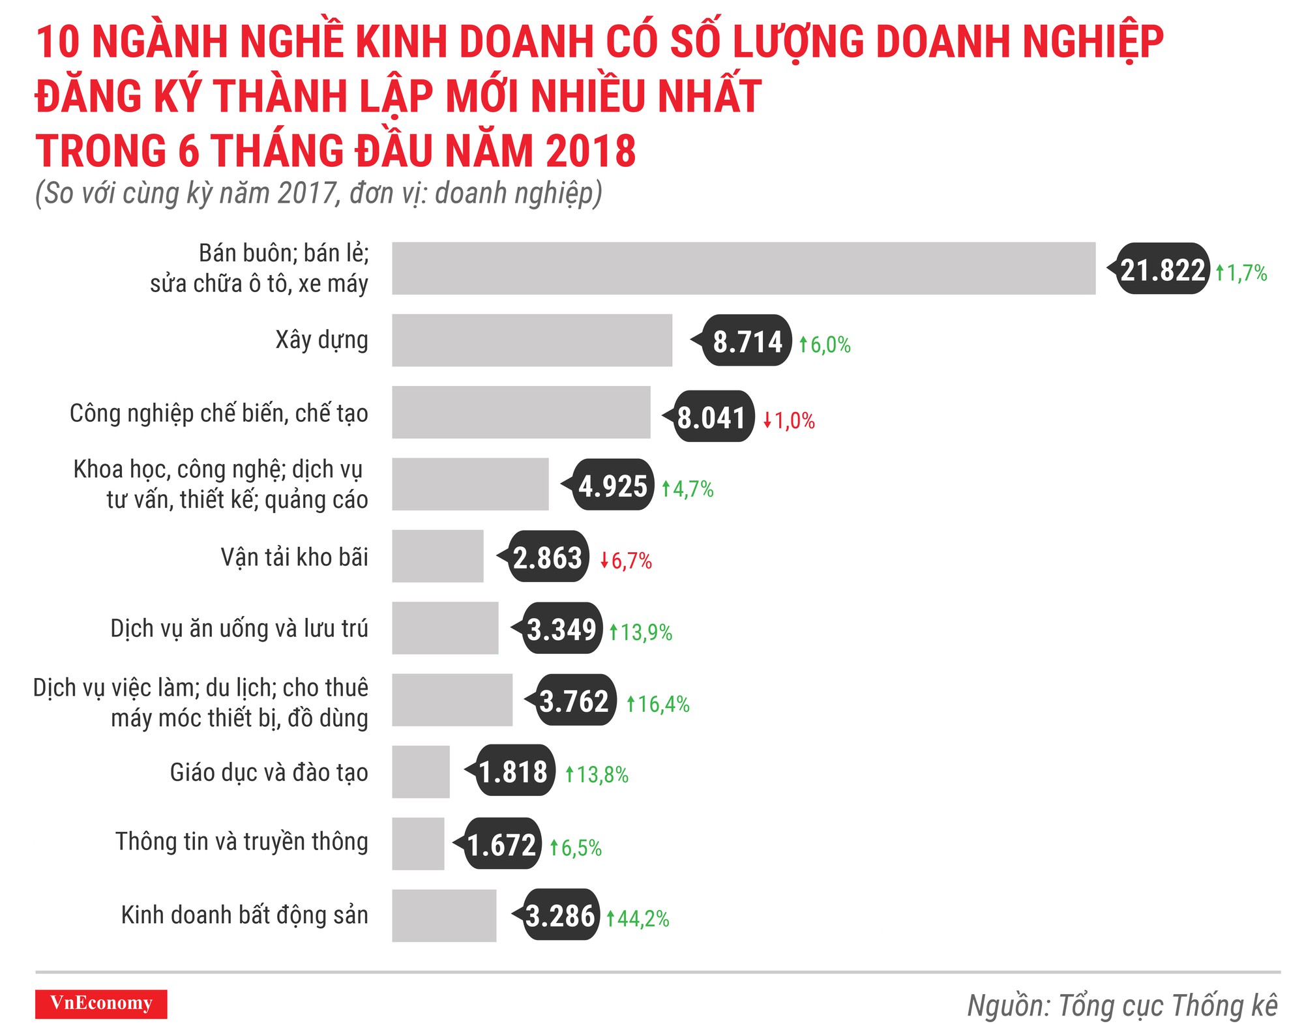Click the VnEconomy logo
[x=101, y=1003]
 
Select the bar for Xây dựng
[x=531, y=340]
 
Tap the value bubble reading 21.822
[x=1163, y=269]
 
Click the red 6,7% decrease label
[x=626, y=561]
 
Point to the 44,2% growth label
[x=638, y=919]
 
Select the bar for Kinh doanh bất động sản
[x=443, y=915]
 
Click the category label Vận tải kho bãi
[x=294, y=557]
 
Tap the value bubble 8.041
[x=711, y=417]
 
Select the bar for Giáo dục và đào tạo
[x=421, y=772]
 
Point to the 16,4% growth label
[x=659, y=704]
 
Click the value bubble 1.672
[x=501, y=845]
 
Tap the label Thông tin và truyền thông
[x=242, y=842]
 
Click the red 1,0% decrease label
[x=790, y=420]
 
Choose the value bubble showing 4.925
[x=612, y=486]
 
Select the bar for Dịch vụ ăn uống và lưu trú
[x=445, y=628]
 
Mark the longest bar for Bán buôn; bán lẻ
[x=743, y=269]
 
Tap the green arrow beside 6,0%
[x=803, y=344]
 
